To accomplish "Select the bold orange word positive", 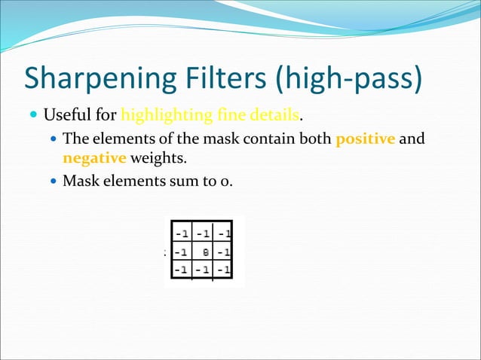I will pyautogui.click(x=365, y=139).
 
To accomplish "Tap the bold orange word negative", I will pyautogui.click(x=94, y=158).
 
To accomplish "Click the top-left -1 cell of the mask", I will pyautogui.click(x=182, y=231).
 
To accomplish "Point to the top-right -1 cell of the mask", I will pyautogui.click(x=222, y=231).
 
